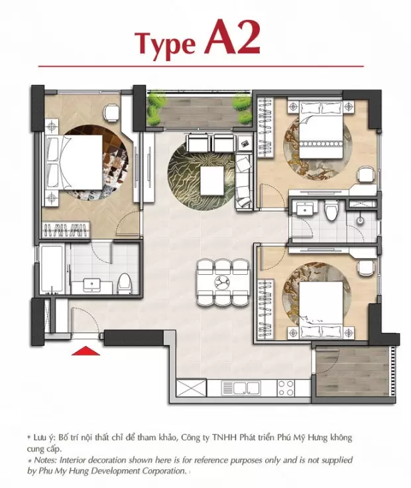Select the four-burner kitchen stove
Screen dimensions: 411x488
[286, 388]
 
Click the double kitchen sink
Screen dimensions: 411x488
[241, 388]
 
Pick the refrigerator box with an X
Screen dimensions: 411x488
[192, 388]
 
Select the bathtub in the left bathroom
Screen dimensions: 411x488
[53, 269]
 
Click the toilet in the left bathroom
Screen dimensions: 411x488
[125, 284]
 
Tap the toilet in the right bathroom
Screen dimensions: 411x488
[330, 210]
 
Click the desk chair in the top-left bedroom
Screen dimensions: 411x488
[111, 112]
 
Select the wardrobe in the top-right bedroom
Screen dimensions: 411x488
[266, 128]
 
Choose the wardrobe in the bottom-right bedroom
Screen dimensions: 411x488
[266, 309]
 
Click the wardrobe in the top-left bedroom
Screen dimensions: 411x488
[66, 230]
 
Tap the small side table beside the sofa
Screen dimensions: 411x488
[245, 144]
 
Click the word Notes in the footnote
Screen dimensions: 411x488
[45, 460]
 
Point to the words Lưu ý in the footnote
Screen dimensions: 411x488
[44, 438]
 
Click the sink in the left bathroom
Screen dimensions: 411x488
[91, 284]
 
